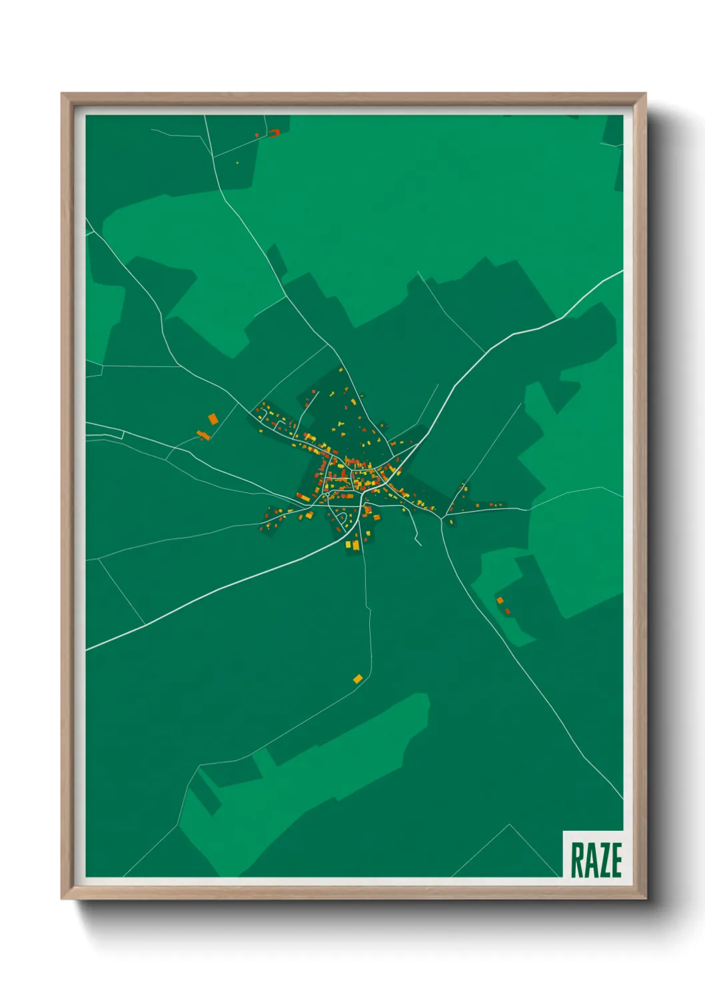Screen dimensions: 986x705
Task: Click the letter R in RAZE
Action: (x=577, y=860)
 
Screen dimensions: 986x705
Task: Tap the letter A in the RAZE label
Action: (x=591, y=860)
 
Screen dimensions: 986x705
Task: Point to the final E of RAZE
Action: (x=616, y=860)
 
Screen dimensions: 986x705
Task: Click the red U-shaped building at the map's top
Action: (x=274, y=133)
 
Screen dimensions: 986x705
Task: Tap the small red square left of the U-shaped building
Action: (x=257, y=135)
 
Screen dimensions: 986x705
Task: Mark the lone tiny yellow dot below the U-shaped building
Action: (x=237, y=163)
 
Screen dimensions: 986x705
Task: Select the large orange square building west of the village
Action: (x=213, y=418)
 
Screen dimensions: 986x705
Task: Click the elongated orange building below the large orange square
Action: (x=203, y=435)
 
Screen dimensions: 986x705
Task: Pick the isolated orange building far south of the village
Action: (x=358, y=678)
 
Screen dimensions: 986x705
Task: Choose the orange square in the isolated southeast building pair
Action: (x=500, y=600)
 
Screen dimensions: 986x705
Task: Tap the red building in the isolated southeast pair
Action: (x=508, y=610)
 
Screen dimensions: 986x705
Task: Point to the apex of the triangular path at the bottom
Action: (x=510, y=825)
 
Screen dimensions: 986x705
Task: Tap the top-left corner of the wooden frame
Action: (x=62, y=94)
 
